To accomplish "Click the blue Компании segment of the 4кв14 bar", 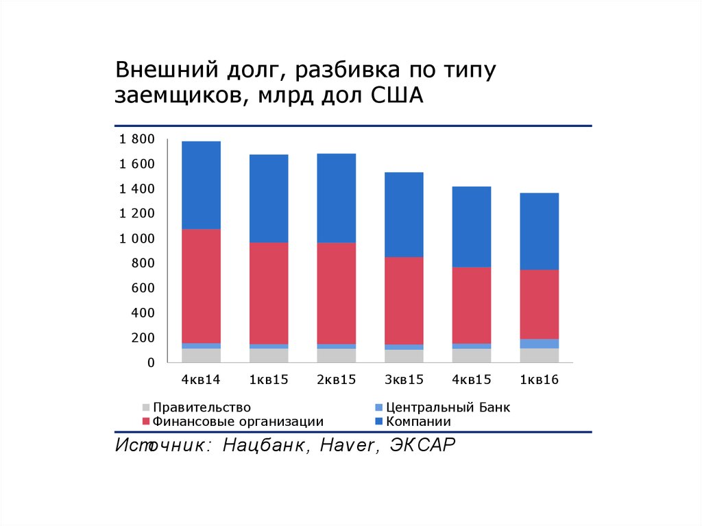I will pyautogui.click(x=201, y=184).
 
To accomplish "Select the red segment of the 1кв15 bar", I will pyautogui.click(x=269, y=293).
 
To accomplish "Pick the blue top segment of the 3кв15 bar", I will pyautogui.click(x=404, y=214).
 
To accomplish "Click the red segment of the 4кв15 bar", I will pyautogui.click(x=472, y=305).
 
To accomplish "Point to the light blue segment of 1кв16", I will pyautogui.click(x=539, y=344).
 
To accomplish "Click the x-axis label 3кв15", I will pyautogui.click(x=404, y=379).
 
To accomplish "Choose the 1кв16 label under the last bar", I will pyautogui.click(x=539, y=379).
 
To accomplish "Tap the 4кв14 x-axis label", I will pyautogui.click(x=201, y=379).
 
